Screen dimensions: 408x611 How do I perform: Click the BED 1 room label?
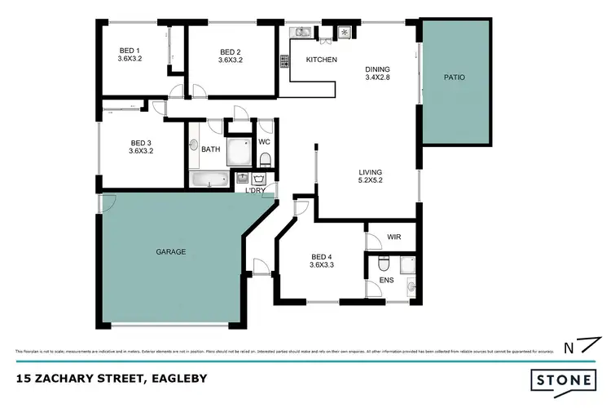click(x=130, y=55)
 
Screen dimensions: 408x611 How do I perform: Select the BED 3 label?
click(x=141, y=145)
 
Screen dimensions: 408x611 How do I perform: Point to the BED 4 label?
click(x=322, y=259)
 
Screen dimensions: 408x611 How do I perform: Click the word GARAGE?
click(x=171, y=252)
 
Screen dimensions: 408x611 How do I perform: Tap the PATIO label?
click(x=454, y=78)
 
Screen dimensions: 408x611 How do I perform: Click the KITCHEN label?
click(x=321, y=60)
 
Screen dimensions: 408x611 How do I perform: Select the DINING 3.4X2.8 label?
click(x=377, y=75)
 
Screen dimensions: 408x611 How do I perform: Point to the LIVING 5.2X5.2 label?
click(x=371, y=176)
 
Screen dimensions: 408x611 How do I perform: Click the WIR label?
click(x=394, y=237)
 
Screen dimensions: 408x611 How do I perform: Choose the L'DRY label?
click(x=256, y=191)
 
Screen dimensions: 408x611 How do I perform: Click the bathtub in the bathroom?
click(x=211, y=180)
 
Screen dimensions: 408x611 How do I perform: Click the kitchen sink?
click(x=301, y=32)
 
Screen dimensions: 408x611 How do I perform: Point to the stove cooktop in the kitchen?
click(x=286, y=61)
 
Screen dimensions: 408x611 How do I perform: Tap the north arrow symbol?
click(x=574, y=346)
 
